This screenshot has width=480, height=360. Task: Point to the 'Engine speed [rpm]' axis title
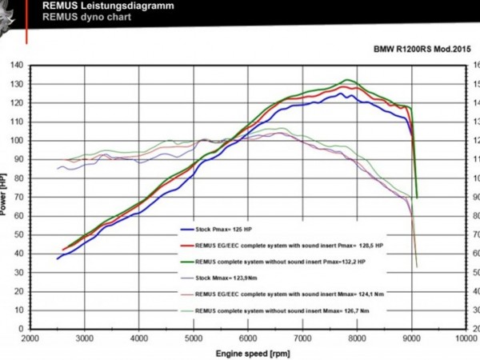tap(248, 352)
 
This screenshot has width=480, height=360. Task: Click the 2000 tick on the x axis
tap(30, 338)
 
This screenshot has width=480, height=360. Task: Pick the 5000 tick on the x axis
tap(194, 338)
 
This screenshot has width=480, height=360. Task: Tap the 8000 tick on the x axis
tap(358, 338)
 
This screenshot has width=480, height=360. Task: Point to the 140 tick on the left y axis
tap(16, 65)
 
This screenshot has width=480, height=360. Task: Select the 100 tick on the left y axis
tap(16, 141)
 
